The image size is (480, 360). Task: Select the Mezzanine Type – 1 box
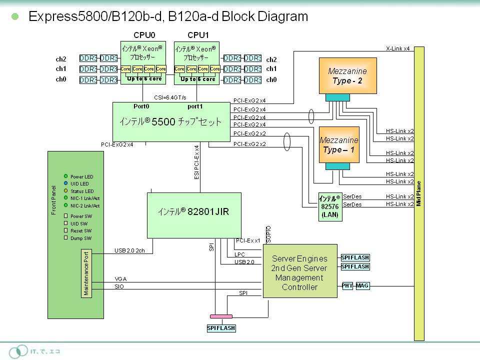339,144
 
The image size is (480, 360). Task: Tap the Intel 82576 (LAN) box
329,206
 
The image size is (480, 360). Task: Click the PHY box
347,286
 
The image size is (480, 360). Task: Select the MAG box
362,286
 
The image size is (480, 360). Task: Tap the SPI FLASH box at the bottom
221,328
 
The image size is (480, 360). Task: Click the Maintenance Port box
86,273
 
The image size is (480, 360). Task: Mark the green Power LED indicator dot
66,176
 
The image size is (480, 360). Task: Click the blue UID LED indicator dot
66,183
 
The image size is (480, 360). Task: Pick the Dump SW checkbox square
66,238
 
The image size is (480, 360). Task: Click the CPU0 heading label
144,35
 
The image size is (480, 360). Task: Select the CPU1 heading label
198,35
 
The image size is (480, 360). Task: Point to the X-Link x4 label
397,49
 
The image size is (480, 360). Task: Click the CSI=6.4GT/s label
170,97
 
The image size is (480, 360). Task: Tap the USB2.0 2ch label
129,250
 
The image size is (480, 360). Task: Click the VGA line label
120,279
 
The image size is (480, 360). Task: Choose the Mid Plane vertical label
419,193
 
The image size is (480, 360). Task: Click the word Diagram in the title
282,16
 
